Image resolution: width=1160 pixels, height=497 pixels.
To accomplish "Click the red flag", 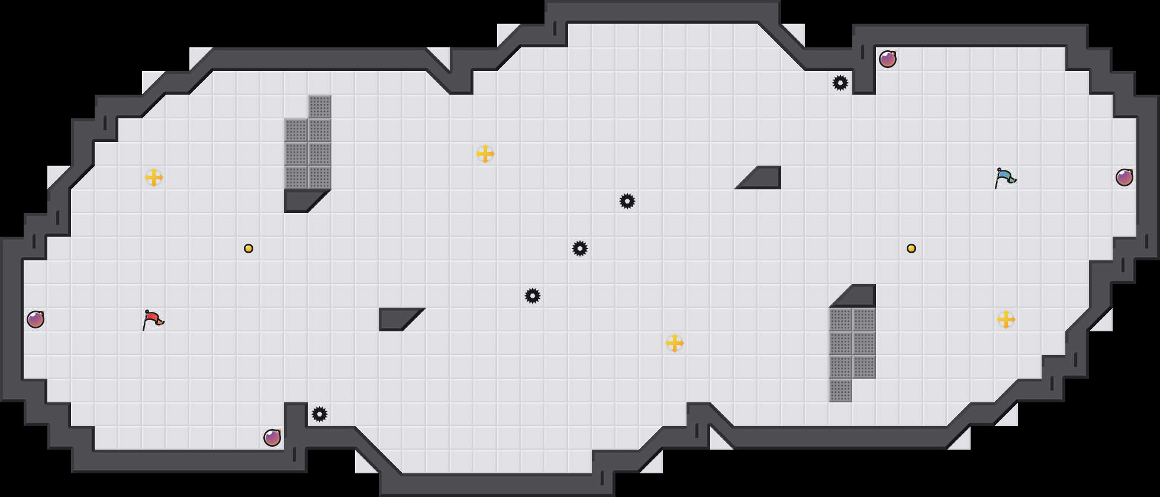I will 153,319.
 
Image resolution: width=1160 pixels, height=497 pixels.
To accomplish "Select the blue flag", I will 1004,177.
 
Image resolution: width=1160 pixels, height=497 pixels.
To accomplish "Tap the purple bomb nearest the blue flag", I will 1124,177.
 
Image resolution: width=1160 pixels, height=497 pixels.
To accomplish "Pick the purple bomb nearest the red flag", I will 36,319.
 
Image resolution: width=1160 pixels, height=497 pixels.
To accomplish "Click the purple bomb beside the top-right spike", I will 888,59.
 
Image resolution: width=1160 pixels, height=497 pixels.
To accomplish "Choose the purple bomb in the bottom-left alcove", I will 272,438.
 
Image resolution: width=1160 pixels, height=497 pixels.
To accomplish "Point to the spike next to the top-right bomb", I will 840,83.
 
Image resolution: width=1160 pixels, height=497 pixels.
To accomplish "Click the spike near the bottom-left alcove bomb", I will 320,414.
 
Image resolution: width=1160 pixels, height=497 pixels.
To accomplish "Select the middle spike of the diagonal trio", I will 580,248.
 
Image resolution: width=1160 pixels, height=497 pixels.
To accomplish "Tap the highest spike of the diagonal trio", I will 627,201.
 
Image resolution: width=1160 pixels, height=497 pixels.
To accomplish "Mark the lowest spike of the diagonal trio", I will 533,296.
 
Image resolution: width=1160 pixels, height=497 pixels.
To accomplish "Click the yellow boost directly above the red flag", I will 154,177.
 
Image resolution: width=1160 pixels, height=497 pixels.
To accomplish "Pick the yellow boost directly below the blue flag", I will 1006,319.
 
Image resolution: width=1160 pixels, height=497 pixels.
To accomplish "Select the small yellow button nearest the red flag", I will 249,248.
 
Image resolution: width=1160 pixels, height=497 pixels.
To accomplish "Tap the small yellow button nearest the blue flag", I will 911,248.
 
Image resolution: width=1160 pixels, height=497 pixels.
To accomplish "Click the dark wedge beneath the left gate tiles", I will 302,200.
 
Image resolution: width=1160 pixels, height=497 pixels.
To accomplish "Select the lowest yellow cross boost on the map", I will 675,343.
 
